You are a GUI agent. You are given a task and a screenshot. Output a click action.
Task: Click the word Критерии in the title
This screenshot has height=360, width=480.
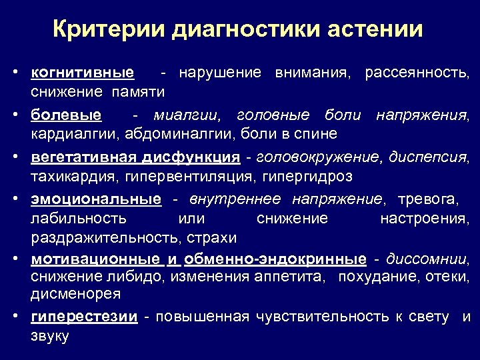pos(107,29)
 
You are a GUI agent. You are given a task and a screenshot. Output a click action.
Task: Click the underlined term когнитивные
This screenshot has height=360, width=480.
pos(83,72)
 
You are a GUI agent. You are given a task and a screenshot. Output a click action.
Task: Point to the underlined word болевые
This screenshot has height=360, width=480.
pos(66,115)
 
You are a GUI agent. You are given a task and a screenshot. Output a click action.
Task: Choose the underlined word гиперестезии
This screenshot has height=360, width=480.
pos(84,317)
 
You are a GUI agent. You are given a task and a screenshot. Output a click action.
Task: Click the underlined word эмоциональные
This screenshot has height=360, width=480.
pos(95,200)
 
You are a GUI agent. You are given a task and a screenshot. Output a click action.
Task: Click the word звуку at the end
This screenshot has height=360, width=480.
pos(49,337)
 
